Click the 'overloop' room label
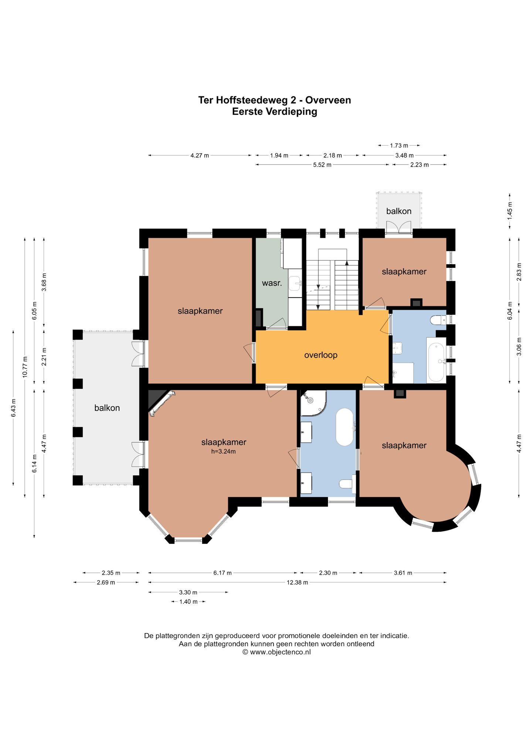click(x=321, y=355)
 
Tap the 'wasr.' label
click(x=272, y=283)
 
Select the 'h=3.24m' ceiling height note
click(x=224, y=451)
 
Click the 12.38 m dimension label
click(x=297, y=582)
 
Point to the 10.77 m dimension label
click(x=25, y=367)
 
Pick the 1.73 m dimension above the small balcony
click(x=399, y=146)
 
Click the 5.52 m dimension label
click(x=322, y=165)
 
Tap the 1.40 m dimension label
click(x=188, y=602)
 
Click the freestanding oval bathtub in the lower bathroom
click(x=345, y=427)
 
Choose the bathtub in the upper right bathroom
click(x=436, y=362)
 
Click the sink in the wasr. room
click(x=295, y=283)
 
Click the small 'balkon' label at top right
click(x=399, y=211)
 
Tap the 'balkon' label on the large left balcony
click(x=107, y=408)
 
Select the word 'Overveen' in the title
click(x=328, y=100)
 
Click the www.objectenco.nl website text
click(x=280, y=652)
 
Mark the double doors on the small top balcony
click(x=399, y=227)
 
